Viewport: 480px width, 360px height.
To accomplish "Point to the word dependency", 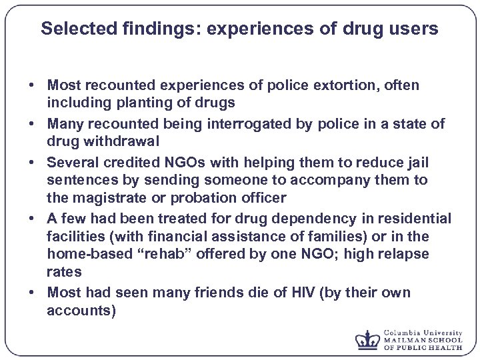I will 289,219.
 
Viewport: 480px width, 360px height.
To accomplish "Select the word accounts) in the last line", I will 81,310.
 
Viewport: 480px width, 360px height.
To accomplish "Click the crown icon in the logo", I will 367,339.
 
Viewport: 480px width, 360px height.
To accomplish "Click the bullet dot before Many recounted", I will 31,125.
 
